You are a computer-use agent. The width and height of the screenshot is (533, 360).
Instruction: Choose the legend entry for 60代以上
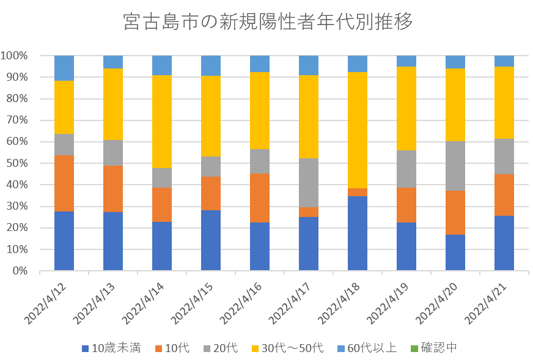372,348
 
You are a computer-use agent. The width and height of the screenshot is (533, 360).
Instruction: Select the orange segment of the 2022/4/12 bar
64,183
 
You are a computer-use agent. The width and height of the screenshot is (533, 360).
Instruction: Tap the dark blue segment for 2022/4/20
455,252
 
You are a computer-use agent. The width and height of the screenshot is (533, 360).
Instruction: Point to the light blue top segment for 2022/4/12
64,68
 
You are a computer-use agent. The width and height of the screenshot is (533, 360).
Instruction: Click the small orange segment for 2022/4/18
358,192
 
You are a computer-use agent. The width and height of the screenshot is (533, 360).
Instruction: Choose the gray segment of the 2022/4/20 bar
455,166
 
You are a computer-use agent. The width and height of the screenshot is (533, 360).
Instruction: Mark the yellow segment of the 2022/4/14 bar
162,122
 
